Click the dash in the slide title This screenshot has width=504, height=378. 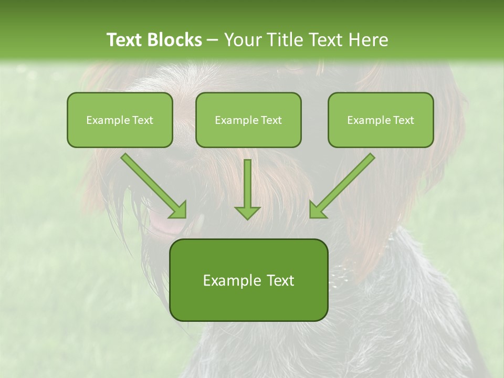pyautogui.click(x=213, y=40)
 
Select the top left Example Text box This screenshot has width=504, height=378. pyautogui.click(x=120, y=120)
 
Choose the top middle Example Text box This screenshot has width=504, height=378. pyautogui.click(x=248, y=120)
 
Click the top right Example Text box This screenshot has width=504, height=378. pyautogui.click(x=381, y=120)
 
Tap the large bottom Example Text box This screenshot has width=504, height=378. pyautogui.click(x=248, y=280)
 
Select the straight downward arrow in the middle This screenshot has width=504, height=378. pyautogui.click(x=247, y=189)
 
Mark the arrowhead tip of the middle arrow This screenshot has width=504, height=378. pyautogui.click(x=247, y=218)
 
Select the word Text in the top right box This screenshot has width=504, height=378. pyautogui.click(x=404, y=120)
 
